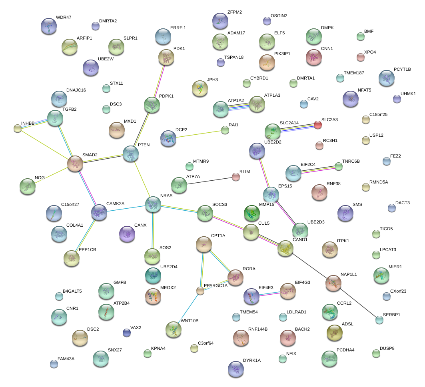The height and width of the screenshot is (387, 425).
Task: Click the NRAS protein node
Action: point(153,204)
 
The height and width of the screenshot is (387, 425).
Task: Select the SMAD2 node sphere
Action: point(75,164)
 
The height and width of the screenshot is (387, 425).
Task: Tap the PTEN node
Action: point(131,153)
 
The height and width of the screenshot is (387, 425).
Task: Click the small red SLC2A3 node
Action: point(318,125)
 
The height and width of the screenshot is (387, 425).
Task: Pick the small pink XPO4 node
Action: point(361,57)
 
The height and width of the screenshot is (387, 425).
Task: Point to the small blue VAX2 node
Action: point(126,332)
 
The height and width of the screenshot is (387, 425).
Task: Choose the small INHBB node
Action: point(18,128)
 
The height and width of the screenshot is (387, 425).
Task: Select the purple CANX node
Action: point(127,233)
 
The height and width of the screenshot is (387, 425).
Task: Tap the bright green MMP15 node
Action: point(251,213)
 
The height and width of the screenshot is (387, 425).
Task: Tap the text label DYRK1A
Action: point(251,360)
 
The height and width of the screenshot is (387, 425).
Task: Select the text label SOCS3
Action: point(219,204)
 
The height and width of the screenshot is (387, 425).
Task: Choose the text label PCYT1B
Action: point(402,69)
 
